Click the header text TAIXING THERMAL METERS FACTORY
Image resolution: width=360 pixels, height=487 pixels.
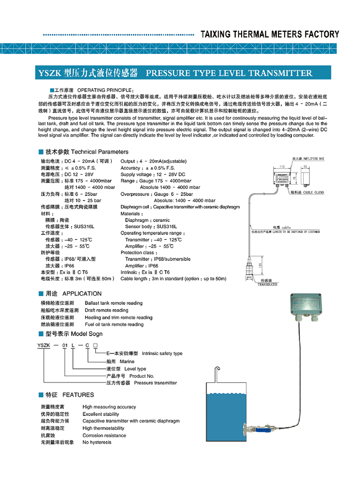270,34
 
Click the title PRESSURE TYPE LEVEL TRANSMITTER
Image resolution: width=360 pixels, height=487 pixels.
229,73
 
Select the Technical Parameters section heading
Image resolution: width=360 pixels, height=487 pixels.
99,152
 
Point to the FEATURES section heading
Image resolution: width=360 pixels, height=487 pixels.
78,395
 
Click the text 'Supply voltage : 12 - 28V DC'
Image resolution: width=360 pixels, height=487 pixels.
153,174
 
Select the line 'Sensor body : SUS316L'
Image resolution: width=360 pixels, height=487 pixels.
151,227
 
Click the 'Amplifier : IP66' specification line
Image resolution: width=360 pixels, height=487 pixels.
142,266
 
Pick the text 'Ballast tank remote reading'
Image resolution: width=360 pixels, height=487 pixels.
114,303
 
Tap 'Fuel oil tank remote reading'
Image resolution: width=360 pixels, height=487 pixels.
114,324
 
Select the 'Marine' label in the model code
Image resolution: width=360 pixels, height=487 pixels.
127,361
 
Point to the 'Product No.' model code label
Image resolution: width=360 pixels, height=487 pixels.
142,376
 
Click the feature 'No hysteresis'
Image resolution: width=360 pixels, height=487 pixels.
97,442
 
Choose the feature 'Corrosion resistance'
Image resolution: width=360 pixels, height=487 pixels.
104,435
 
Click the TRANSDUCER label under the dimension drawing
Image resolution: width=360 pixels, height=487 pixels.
268,284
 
